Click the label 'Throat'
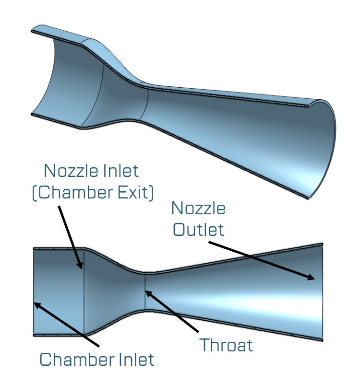[x=226, y=345]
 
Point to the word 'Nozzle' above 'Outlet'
[x=198, y=209]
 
